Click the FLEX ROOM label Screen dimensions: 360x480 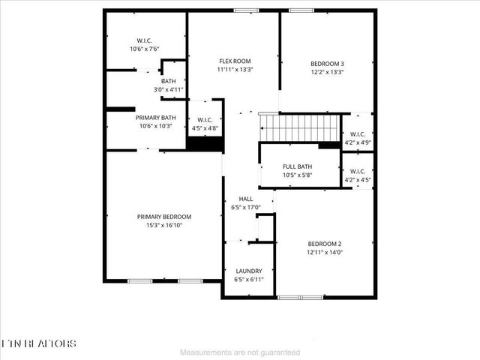[x=234, y=61]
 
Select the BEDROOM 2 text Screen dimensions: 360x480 [x=325, y=244]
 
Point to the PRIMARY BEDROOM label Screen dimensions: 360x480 [x=163, y=216]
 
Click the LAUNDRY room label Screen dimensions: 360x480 [x=248, y=271]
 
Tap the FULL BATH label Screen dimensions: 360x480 [x=297, y=166]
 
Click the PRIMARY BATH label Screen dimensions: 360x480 [x=155, y=118]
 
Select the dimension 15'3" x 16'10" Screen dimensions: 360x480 [x=163, y=224]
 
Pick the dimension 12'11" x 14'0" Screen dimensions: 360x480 [x=325, y=253]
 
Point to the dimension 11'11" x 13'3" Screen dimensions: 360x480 [x=234, y=70]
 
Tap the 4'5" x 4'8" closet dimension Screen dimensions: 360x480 [x=205, y=128]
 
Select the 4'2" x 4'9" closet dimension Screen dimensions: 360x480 [x=356, y=142]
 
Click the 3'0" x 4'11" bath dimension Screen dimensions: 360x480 [x=168, y=88]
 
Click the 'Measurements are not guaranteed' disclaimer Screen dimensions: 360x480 [x=240, y=352]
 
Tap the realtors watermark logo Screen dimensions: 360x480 [x=38, y=343]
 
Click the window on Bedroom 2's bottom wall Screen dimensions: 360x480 [x=300, y=297]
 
